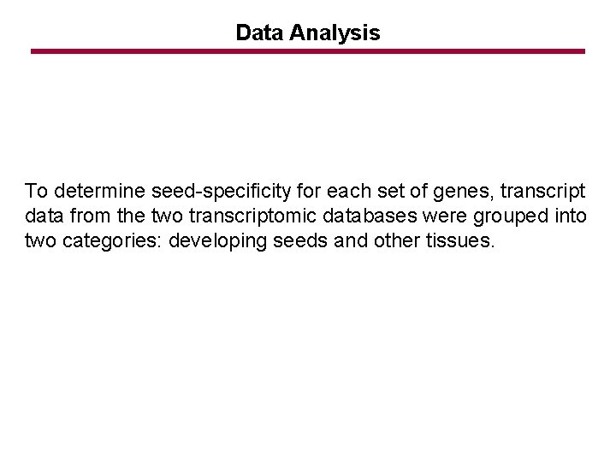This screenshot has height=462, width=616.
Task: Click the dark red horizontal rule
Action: [x=308, y=51]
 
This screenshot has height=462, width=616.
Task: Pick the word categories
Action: [x=105, y=241]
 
